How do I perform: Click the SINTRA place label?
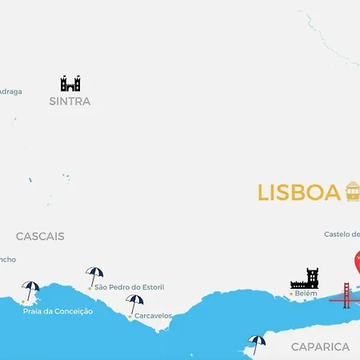pyautogui.click(x=70, y=102)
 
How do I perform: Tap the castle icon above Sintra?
pyautogui.click(x=70, y=83)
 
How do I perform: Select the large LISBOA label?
pyautogui.click(x=299, y=193)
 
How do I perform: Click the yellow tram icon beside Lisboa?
pyautogui.click(x=352, y=191)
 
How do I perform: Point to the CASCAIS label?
pyautogui.click(x=40, y=236)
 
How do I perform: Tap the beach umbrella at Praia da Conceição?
pyautogui.click(x=30, y=290)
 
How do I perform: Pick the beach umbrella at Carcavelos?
pyautogui.click(x=134, y=303)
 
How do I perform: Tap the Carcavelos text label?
pyautogui.click(x=153, y=316)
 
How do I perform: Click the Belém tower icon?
pyautogui.click(x=305, y=278)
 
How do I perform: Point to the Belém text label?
pyautogui.click(x=306, y=294)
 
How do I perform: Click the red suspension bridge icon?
pyautogui.click(x=346, y=296)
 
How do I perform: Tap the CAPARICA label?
pyautogui.click(x=320, y=346)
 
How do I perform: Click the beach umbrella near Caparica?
pyautogui.click(x=257, y=343)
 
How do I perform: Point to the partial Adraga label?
pyautogui.click(x=10, y=91)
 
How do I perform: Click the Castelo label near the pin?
pyautogui.click(x=342, y=234)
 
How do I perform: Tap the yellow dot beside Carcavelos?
pyautogui.click(x=130, y=317)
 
